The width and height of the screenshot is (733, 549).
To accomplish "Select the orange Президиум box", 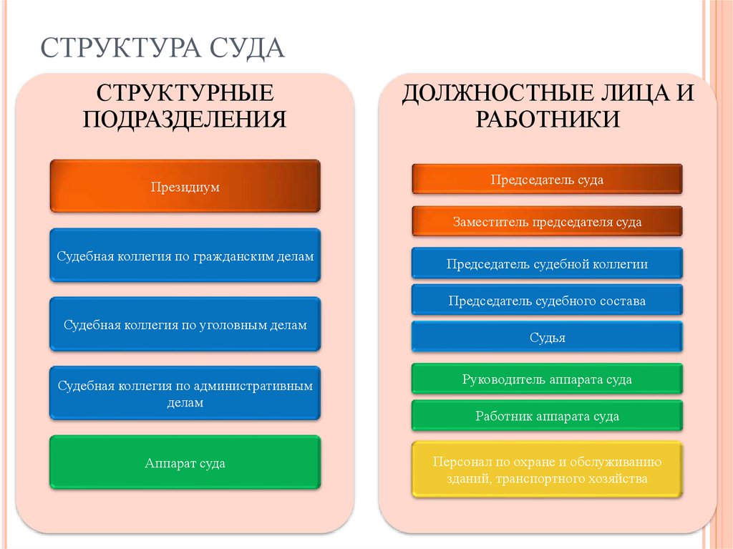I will [x=185, y=187].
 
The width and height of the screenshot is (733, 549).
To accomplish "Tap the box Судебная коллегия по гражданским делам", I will [x=185, y=256].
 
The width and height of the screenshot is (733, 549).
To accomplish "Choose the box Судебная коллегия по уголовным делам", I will [x=185, y=325].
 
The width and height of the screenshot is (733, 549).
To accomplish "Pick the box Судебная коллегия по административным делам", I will [x=185, y=394].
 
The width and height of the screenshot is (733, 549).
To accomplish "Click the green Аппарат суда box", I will [x=185, y=463].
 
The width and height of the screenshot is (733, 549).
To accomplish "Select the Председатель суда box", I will [x=547, y=180].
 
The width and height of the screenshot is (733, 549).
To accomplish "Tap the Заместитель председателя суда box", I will [x=547, y=221].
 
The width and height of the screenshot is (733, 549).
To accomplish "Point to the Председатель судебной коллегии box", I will [x=547, y=263].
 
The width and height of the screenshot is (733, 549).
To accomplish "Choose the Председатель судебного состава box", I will [x=547, y=301].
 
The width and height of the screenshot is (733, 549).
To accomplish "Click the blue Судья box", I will [x=547, y=338].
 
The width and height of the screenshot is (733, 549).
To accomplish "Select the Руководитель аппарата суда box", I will [x=547, y=379].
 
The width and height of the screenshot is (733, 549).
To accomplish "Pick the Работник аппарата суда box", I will [x=547, y=416].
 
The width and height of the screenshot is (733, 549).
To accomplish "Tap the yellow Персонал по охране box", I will [x=547, y=470].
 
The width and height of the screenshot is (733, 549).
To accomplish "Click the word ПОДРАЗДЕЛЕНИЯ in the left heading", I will [x=185, y=118].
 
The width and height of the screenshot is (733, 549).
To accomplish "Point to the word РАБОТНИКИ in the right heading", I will [x=547, y=118].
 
